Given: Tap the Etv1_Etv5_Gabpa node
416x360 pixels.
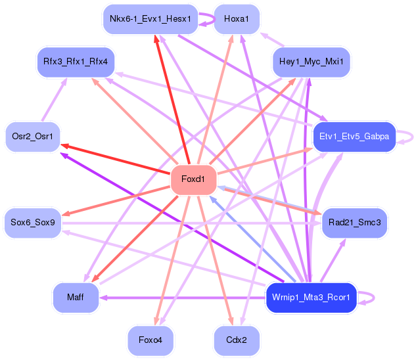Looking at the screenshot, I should (354, 137).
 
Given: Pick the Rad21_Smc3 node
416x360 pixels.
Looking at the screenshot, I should (355, 223).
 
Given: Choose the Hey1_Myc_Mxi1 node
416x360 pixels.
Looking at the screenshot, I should (311, 62).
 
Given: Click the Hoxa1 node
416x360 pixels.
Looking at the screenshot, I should (237, 18).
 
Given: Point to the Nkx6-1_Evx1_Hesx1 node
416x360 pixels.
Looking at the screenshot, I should (150, 18).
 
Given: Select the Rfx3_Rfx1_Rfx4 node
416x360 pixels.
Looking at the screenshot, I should (76, 62).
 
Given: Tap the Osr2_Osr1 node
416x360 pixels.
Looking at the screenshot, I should (32, 137).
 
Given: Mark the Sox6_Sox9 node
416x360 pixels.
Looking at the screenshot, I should (32, 223).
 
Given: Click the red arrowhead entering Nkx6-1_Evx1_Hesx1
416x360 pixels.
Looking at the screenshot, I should (156, 39).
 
